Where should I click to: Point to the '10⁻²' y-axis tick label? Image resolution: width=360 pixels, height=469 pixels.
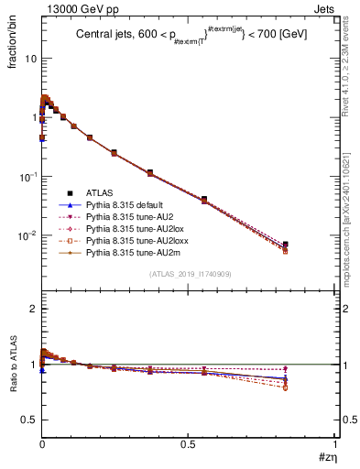[27, 235]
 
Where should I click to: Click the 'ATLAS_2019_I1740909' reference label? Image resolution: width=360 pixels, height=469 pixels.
[188, 275]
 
